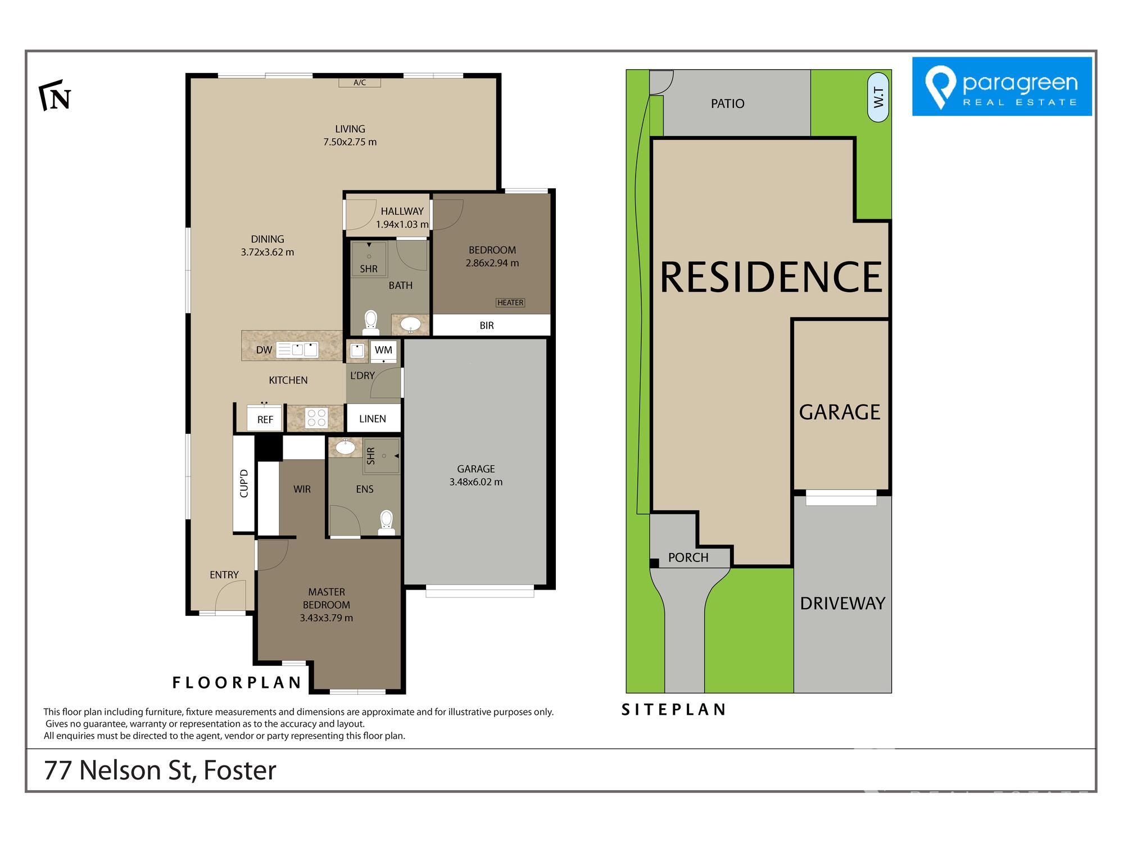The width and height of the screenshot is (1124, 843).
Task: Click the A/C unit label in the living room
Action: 360,83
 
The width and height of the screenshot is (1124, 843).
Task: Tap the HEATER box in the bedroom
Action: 510,303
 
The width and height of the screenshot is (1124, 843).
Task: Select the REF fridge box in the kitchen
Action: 265,419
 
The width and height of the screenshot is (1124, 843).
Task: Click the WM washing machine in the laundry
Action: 384,350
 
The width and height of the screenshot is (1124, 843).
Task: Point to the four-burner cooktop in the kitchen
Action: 316,418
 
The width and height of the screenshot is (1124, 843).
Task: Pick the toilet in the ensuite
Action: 387,522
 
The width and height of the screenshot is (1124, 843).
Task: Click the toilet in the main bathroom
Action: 370,322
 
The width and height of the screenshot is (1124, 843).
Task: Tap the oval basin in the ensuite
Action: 345,447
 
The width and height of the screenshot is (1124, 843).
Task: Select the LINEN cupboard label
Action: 373,419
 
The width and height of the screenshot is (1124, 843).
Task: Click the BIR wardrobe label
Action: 487,325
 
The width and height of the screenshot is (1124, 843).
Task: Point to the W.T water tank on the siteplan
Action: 878,97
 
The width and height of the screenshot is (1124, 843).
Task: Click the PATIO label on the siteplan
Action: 728,103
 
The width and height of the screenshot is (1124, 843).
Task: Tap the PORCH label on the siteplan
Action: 688,558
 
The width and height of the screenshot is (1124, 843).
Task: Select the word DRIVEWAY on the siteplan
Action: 842,604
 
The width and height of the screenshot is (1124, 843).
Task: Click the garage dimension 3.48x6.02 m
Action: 476,482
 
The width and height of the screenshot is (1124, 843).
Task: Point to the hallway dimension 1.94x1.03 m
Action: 402,224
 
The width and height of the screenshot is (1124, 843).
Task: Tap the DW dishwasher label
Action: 264,350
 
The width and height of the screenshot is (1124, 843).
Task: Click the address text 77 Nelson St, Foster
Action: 160,770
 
